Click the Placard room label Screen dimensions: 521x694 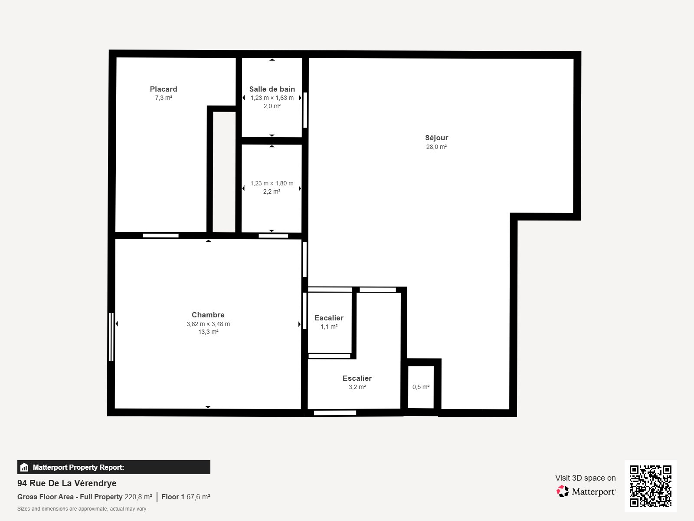[x=164, y=89]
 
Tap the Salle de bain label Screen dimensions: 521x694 [x=272, y=89]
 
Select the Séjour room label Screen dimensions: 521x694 [x=436, y=138]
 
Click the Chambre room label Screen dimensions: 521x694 [x=208, y=315]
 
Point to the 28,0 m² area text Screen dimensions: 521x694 [x=436, y=147]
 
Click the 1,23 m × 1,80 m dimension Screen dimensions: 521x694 [x=272, y=183]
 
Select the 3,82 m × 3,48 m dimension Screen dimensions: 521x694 [x=208, y=324]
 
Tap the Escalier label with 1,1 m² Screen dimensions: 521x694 [x=329, y=318]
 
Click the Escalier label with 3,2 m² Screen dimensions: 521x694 [x=357, y=378]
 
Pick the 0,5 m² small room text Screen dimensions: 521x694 [x=421, y=387]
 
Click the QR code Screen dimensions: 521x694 [x=650, y=486]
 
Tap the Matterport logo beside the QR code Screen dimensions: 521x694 [x=586, y=491]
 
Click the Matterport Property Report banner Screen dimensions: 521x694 [x=114, y=467]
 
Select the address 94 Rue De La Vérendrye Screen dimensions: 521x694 [x=67, y=483]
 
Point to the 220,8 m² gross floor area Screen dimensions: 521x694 [x=138, y=497]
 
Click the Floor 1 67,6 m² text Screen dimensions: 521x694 [x=186, y=497]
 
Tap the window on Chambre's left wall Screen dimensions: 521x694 [x=111, y=337]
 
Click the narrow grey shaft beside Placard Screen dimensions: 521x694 [x=224, y=171]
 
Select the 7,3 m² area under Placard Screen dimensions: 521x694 [x=164, y=98]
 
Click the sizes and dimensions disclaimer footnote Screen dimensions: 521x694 [x=82, y=509]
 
